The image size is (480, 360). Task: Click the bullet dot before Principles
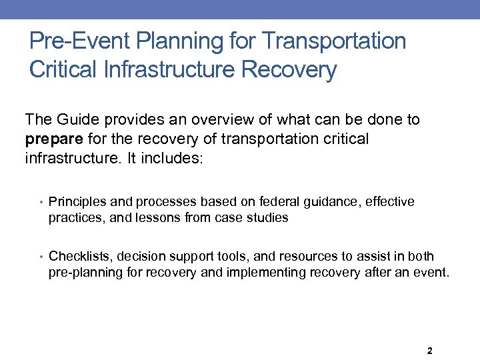(x=41, y=202)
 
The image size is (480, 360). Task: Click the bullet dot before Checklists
(x=41, y=257)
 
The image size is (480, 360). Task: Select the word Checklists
(x=75, y=257)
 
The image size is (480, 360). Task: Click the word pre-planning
(x=81, y=273)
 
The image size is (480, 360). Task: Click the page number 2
(x=429, y=351)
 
